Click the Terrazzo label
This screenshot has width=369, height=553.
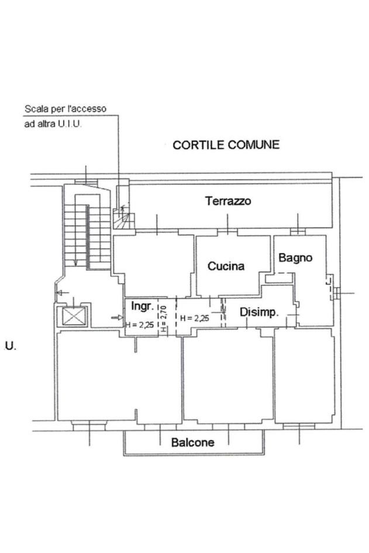coord(228,201)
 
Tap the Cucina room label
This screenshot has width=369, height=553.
coord(226,267)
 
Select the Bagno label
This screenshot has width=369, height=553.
coord(295,257)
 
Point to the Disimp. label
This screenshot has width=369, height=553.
coord(259,313)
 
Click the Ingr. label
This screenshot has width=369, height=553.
coord(142,306)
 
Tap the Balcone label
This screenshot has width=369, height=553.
coord(192,443)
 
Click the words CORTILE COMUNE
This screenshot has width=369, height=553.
coord(226,145)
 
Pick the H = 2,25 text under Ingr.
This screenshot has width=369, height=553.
coord(140,326)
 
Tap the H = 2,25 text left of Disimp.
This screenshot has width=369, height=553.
coord(195,318)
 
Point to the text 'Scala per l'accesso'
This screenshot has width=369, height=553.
coord(65,109)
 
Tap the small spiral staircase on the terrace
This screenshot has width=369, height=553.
coord(124,219)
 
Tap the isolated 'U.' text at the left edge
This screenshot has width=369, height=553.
coord(10,345)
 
